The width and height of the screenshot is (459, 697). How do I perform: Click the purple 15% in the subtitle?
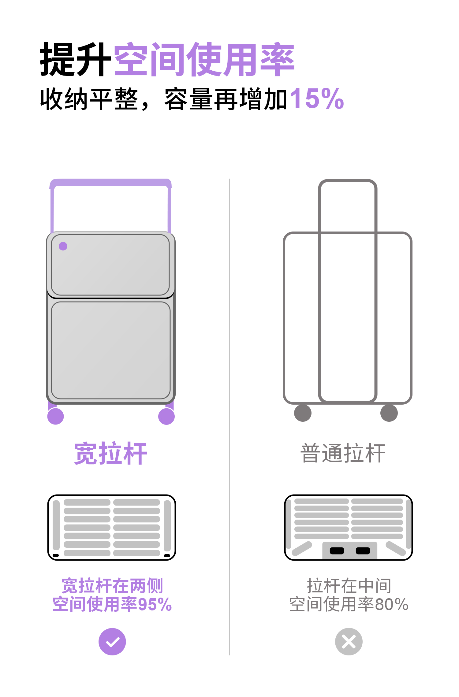click(317, 98)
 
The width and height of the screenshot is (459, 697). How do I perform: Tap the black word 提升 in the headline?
click(75, 59)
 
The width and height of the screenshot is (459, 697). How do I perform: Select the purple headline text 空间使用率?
click(204, 59)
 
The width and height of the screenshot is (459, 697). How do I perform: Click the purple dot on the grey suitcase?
click(63, 246)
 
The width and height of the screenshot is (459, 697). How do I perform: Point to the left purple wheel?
click(56, 416)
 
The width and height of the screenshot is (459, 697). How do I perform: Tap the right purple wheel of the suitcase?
click(166, 416)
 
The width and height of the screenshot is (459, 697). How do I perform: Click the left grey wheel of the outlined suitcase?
click(303, 413)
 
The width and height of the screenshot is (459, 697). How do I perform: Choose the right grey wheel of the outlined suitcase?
click(389, 413)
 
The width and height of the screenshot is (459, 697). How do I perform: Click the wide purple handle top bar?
click(110, 183)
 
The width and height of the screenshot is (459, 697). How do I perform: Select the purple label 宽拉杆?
click(110, 454)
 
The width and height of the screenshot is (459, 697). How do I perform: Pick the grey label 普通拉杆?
click(343, 453)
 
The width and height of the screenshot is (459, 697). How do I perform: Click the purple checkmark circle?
click(112, 642)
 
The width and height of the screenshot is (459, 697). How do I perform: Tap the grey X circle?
click(349, 642)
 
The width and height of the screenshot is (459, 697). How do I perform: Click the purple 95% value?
click(155, 605)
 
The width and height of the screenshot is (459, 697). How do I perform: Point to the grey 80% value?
click(392, 605)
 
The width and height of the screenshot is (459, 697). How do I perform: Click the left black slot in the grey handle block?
click(337, 551)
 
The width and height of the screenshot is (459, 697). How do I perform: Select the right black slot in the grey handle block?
click(363, 551)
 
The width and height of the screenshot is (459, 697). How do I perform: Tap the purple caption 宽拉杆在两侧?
click(112, 586)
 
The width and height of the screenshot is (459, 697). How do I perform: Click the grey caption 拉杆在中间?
click(349, 586)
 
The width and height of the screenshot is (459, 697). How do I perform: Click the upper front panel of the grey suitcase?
click(110, 265)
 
